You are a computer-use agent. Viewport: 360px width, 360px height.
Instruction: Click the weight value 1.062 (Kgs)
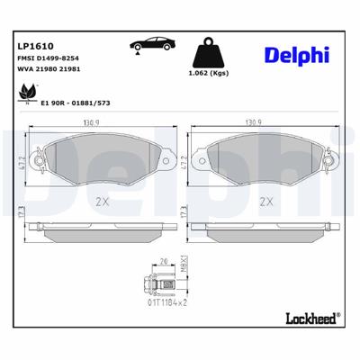click(211, 73)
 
